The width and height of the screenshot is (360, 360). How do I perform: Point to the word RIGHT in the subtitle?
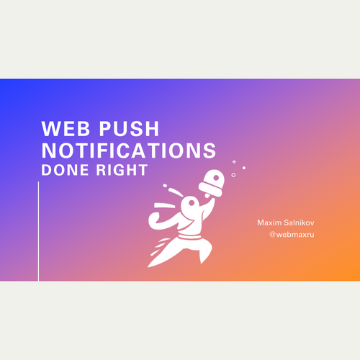click(x=122, y=171)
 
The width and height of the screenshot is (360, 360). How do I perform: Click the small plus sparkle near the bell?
click(x=234, y=162)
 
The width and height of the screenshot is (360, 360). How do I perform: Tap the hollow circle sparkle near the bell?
click(x=233, y=174)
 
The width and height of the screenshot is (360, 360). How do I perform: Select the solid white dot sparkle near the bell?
click(x=244, y=168)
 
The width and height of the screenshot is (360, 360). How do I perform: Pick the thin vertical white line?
click(x=38, y=230)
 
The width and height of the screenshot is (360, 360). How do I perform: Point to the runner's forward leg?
click(x=204, y=252)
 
